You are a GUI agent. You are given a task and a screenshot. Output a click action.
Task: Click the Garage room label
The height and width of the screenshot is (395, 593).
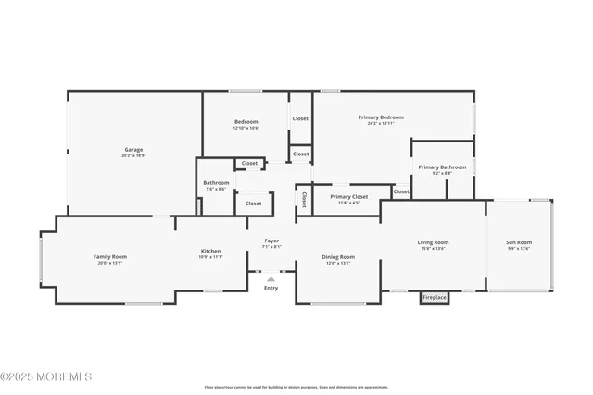coord(134,150)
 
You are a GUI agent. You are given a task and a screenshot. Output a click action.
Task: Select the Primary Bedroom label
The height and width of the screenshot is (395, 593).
coord(382,117)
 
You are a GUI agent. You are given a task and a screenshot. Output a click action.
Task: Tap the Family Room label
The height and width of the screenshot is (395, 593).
coord(109,256)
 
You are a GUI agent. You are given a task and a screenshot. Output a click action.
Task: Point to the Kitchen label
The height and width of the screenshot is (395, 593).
coord(211,251)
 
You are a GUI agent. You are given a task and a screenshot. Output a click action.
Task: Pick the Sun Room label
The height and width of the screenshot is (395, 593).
coord(519,242)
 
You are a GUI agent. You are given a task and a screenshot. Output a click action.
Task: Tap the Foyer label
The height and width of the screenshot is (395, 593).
coord(271,241)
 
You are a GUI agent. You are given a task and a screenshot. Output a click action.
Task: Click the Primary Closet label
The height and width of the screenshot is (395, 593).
coord(349,196)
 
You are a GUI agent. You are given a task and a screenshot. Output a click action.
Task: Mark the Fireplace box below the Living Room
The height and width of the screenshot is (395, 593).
coord(435,298)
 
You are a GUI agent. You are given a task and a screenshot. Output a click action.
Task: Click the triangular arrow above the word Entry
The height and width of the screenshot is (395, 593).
coord(271,278)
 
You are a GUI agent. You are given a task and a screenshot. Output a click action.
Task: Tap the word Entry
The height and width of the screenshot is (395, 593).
coord(271,288)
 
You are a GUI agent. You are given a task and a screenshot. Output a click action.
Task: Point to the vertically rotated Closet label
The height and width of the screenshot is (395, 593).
coord(304,200)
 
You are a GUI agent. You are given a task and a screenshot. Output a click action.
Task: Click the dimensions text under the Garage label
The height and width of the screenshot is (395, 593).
coord(134,155)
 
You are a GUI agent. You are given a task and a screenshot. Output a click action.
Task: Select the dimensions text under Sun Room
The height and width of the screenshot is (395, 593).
coord(519,248)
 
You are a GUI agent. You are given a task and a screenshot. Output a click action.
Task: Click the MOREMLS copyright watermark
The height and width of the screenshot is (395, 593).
coord(46,376)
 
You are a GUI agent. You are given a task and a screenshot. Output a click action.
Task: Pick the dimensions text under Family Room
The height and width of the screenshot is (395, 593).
coord(109,263)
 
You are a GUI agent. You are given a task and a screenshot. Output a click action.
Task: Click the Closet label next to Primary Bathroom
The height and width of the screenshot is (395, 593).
coord(401,191)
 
